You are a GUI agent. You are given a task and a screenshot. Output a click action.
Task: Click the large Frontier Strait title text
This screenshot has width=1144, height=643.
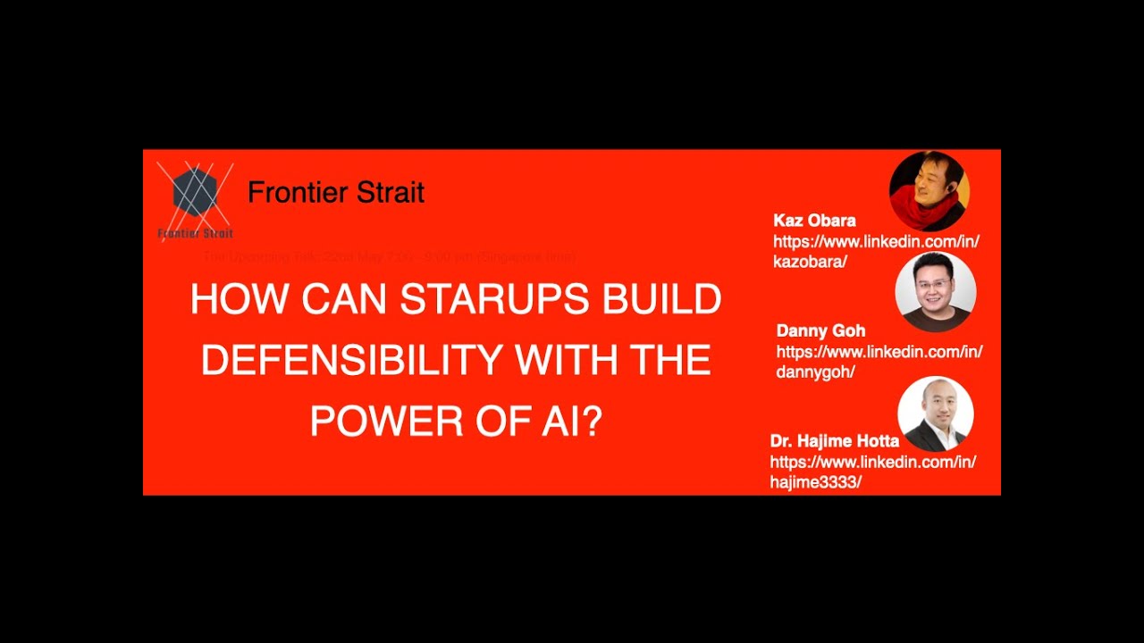(335, 192)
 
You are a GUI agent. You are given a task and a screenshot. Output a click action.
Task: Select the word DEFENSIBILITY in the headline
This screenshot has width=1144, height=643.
(351, 360)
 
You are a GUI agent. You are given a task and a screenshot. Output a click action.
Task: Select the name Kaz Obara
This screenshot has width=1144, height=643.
(814, 221)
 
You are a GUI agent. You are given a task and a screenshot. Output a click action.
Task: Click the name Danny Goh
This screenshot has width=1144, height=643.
(820, 330)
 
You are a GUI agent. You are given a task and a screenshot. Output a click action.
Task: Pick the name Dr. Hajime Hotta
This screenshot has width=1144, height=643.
(834, 441)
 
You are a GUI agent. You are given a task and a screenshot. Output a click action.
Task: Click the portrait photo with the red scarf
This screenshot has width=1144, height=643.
(929, 191)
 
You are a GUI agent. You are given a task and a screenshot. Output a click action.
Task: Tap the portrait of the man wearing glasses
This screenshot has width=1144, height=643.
(935, 292)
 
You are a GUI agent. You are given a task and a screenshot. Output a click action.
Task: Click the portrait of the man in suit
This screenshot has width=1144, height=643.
(935, 413)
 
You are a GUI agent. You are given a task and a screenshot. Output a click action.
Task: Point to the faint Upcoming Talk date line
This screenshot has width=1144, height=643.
(389, 257)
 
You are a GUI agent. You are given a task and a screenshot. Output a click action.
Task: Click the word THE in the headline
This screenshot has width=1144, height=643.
(670, 360)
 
